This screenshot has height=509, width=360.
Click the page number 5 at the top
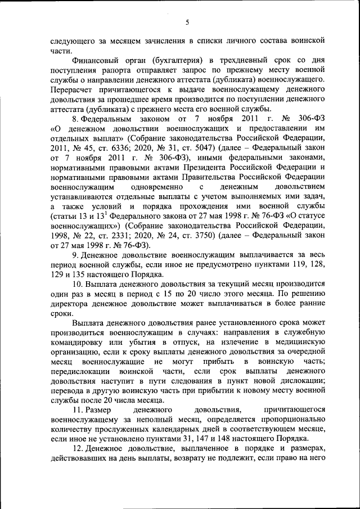tap(188, 22)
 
